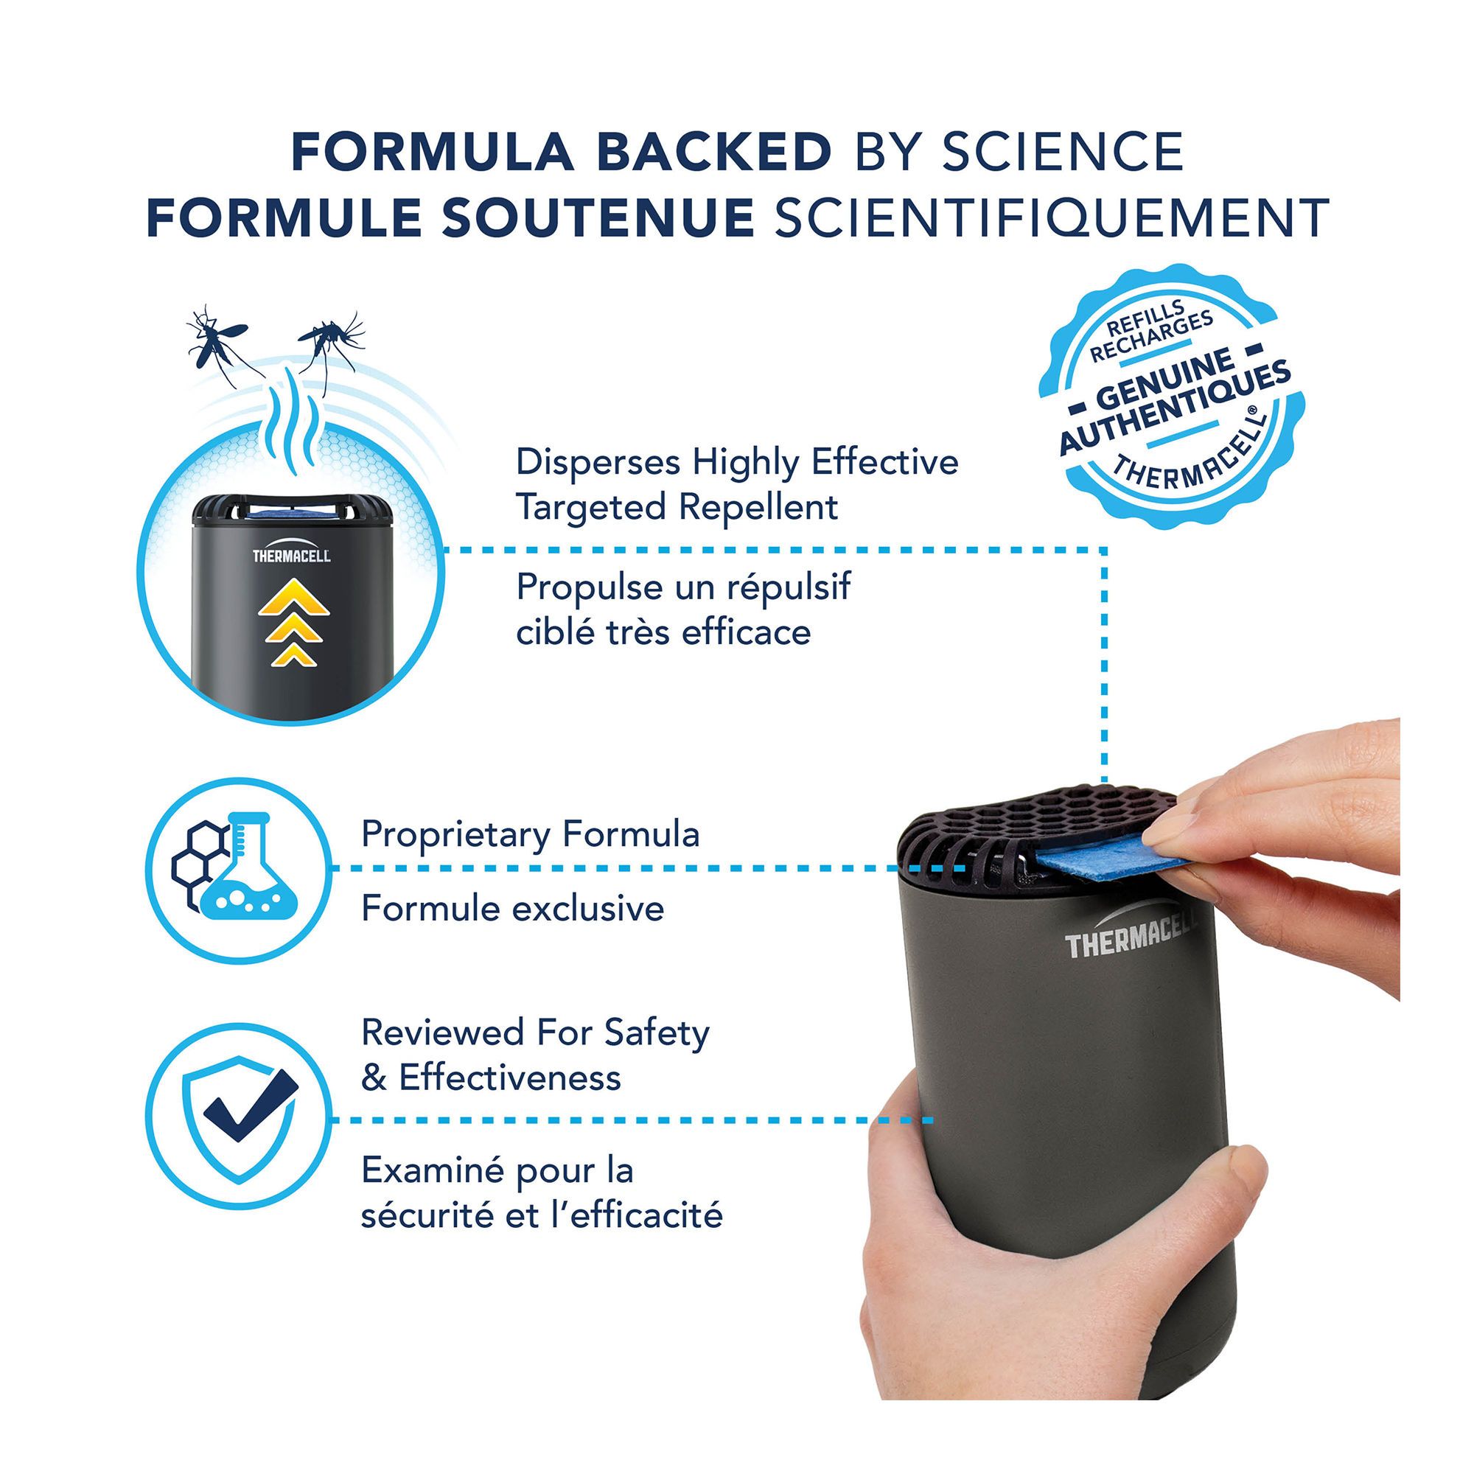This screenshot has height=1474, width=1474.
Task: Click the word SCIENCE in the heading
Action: [x=1063, y=152]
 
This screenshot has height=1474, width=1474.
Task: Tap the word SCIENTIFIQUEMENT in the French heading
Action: [x=1052, y=217]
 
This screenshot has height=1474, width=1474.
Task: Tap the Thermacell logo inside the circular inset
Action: [x=291, y=555]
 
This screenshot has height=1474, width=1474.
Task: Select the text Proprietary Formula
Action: [x=530, y=836]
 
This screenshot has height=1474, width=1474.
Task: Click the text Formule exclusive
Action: [x=513, y=909]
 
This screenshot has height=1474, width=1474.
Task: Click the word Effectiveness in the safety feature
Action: [x=510, y=1078]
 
